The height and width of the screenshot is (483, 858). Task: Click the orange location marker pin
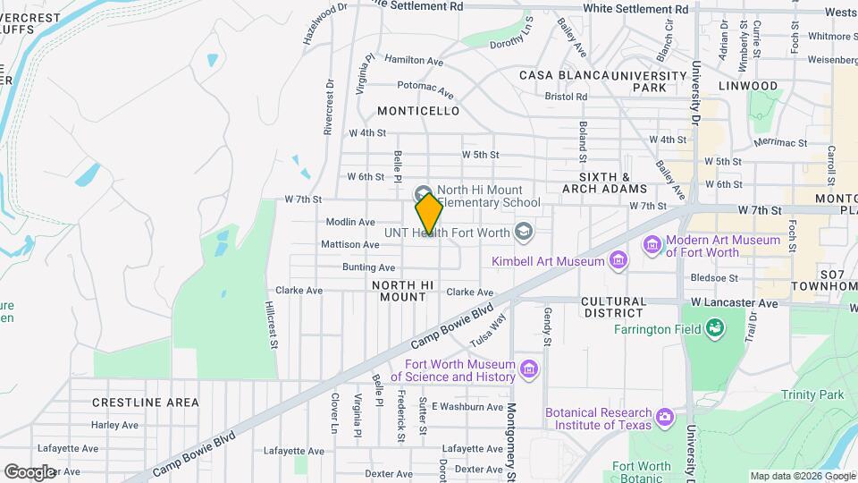(x=429, y=213)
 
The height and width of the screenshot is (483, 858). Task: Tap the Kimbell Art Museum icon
(x=617, y=261)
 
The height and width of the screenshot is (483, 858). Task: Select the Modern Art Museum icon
(x=652, y=245)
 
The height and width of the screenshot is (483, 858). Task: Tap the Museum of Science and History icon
(x=529, y=369)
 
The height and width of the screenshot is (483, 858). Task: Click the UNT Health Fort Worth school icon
(x=524, y=232)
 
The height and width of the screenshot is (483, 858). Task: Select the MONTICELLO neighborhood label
(x=418, y=111)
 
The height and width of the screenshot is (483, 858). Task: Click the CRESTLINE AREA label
(x=146, y=402)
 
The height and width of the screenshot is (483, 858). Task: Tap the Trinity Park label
(x=812, y=394)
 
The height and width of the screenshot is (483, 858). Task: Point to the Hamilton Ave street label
(x=414, y=61)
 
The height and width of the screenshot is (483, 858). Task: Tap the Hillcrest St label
(x=272, y=324)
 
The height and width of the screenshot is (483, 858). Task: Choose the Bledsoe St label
(x=714, y=277)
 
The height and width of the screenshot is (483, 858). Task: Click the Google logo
(x=29, y=471)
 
